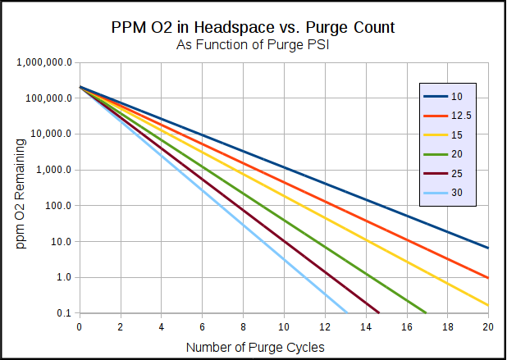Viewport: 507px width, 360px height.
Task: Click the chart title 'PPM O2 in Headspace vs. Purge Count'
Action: point(253,27)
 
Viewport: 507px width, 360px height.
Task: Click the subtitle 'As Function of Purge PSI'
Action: point(253,44)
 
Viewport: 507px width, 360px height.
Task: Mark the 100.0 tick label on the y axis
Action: point(56,206)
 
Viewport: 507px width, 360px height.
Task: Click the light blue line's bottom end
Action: point(347,312)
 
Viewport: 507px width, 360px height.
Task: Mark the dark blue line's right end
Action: point(488,248)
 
